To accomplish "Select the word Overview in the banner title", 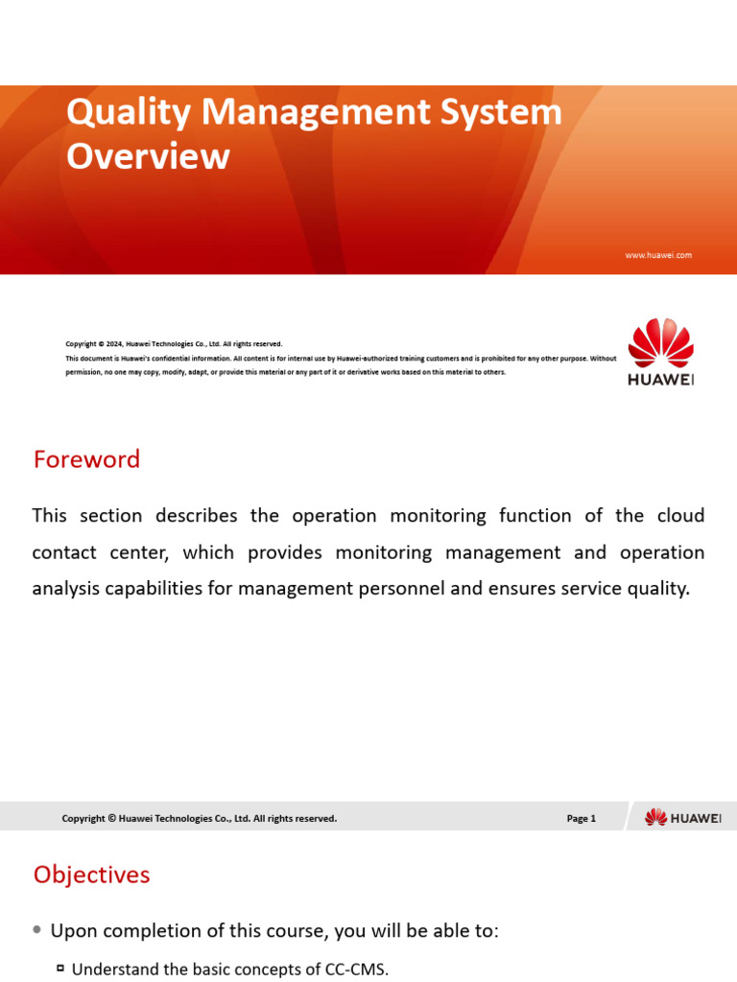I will click(x=148, y=156).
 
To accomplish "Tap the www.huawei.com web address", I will click(x=658, y=255).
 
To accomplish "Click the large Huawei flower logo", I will click(x=660, y=344).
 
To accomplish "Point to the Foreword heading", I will click(x=86, y=459).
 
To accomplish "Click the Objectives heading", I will click(x=91, y=875).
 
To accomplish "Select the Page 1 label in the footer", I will click(x=582, y=818).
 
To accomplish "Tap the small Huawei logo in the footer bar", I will click(x=682, y=817).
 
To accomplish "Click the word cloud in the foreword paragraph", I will click(x=681, y=516).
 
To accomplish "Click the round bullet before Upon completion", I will click(x=36, y=930).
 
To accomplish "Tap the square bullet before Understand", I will click(x=59, y=970).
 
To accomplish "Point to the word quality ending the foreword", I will click(x=657, y=589).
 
